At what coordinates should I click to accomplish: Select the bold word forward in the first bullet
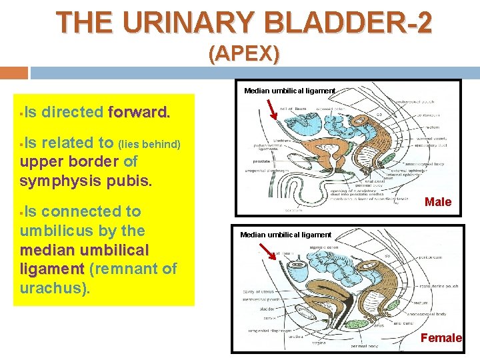tap(139, 112)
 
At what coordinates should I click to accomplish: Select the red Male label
tap(438, 202)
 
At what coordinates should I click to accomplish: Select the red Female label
tap(441, 338)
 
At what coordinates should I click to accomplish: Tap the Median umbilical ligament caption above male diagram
tap(289, 90)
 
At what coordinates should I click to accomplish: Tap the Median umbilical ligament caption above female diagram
tap(285, 235)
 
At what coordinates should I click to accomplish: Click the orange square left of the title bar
tap(13, 72)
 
